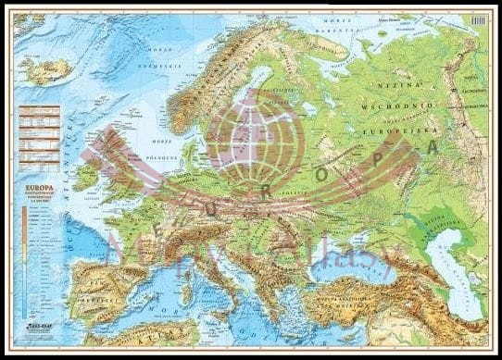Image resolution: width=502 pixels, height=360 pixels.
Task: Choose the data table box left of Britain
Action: pyautogui.click(x=39, y=135)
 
